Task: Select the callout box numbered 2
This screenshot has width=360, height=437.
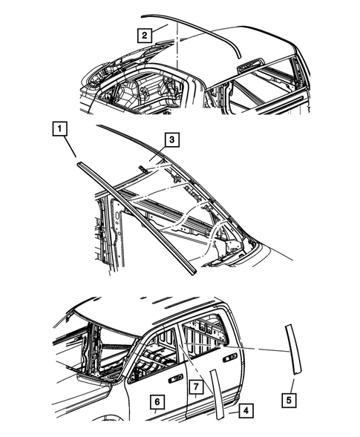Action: pos(144,33)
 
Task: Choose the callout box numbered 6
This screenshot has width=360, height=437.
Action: pos(156,402)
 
